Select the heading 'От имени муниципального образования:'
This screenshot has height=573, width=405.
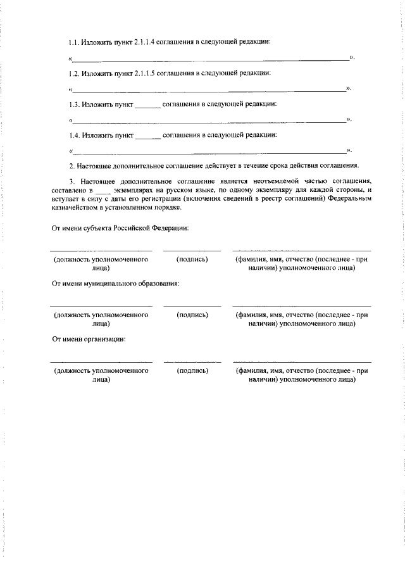tap(116, 284)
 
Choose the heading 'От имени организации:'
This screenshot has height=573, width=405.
tap(89, 339)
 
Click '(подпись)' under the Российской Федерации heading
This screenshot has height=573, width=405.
tap(192, 260)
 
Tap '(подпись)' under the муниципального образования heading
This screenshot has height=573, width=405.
tap(192, 315)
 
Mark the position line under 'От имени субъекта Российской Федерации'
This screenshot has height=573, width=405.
tap(101, 251)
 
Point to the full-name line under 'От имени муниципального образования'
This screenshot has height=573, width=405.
tap(301, 306)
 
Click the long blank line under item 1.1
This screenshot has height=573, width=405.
tap(211, 60)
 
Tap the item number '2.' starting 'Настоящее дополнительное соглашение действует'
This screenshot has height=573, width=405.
tap(72, 166)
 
